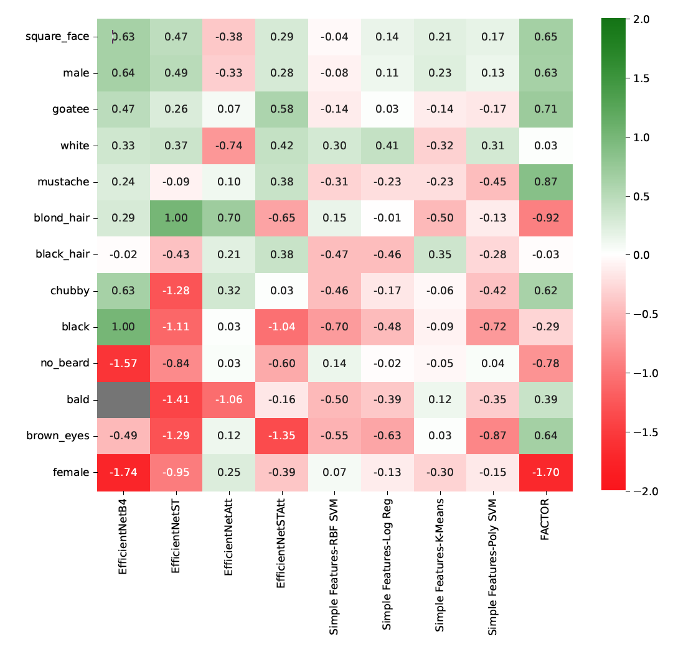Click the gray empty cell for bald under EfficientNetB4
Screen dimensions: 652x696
[x=123, y=399]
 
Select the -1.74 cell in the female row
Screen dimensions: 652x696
[x=123, y=472]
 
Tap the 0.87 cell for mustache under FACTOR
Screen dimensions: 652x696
[x=546, y=182]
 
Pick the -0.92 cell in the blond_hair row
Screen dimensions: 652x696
[x=546, y=218]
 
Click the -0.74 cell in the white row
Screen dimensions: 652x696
[x=229, y=146]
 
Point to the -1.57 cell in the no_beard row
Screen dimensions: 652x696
[x=123, y=363]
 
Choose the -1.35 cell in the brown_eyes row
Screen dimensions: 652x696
[x=282, y=435]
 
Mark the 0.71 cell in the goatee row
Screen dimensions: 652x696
[x=546, y=109]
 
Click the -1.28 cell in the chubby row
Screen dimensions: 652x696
[x=176, y=291]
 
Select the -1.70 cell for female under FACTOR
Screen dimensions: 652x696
[x=546, y=472]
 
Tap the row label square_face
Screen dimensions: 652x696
[x=57, y=37]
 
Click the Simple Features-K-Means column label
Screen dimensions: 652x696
[x=440, y=566]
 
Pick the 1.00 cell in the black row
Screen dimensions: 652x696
[x=123, y=327]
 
